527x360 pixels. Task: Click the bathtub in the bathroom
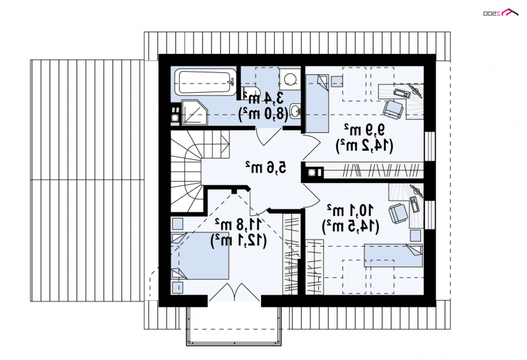coord(206,82)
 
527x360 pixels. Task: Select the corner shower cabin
coord(194,112)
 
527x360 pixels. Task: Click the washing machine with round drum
coord(290,79)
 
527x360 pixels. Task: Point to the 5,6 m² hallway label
coord(265,167)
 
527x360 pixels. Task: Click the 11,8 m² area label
coord(238,223)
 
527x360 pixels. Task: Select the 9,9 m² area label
coord(364,129)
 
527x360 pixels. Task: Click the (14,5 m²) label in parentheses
coord(351,226)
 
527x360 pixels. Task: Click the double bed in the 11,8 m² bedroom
coord(200,256)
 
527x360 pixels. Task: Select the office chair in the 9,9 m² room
coord(393,109)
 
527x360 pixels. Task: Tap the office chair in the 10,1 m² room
coord(399,214)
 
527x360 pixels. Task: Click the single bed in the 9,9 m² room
coord(317,103)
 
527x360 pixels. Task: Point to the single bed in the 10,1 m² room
coord(393,255)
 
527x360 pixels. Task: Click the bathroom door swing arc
coord(268,138)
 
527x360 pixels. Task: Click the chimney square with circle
coord(312,172)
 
